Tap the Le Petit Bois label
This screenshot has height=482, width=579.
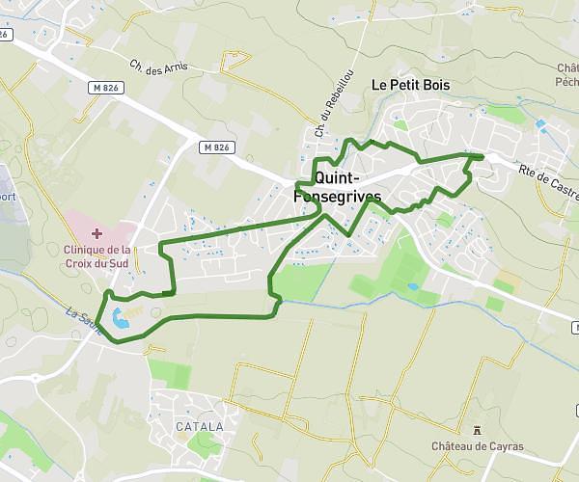tap(411, 85)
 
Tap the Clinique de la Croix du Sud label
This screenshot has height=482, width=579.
tap(97, 254)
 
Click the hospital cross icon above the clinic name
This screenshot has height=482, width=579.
tap(96, 233)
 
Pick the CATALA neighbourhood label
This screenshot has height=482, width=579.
tap(199, 426)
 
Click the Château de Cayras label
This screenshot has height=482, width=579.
tap(477, 446)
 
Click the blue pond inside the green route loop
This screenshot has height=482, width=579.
tap(119, 319)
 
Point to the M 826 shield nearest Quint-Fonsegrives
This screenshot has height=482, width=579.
tap(217, 147)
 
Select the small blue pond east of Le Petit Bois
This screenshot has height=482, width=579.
tap(540, 125)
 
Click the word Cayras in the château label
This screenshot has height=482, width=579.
tap(505, 446)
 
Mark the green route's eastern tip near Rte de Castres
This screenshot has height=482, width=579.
tap(483, 155)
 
